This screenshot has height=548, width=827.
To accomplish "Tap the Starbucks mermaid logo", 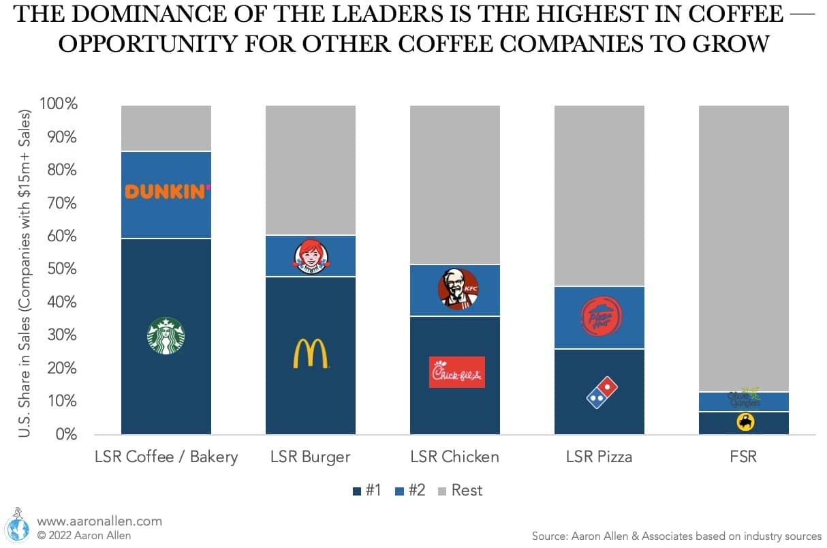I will tap(166, 335).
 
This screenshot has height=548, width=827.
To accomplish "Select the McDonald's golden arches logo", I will tap(311, 354).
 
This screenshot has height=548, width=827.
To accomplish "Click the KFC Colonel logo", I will tap(458, 289).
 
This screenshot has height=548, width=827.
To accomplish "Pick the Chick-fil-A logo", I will tap(457, 372).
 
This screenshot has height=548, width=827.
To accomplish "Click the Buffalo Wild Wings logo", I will tap(745, 423).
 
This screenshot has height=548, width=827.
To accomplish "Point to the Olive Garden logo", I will tap(744, 399).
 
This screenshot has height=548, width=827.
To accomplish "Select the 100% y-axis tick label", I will tap(59, 104).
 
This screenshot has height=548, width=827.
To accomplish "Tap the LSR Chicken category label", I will tap(454, 457).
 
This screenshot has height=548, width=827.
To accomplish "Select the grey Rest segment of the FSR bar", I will tap(744, 245).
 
